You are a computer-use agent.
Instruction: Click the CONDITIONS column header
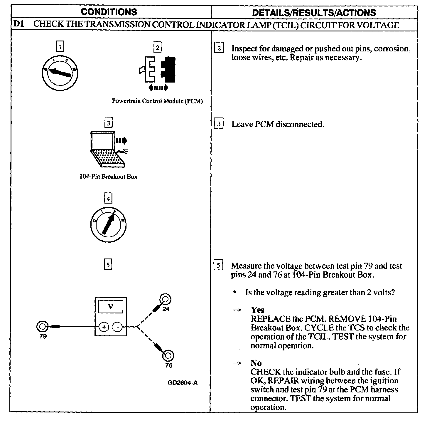click(109, 12)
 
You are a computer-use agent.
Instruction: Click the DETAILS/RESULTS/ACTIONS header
click(314, 13)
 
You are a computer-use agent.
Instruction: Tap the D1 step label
click(18, 24)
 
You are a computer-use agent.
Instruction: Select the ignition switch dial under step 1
click(60, 72)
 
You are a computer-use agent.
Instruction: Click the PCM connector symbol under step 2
click(158, 70)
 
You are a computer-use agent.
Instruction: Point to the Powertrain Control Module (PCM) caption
click(157, 101)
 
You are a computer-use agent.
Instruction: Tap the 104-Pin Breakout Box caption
click(108, 177)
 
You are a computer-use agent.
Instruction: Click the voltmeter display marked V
click(110, 307)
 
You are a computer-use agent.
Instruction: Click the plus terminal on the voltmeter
click(104, 327)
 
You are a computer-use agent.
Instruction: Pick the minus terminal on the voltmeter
click(117, 327)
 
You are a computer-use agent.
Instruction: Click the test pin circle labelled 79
click(42, 326)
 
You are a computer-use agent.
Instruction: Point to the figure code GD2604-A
click(183, 383)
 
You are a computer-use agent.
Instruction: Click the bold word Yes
click(257, 310)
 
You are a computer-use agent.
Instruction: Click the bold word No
click(256, 363)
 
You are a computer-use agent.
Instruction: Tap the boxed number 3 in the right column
click(219, 124)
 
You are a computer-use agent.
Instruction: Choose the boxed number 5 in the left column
click(108, 265)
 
